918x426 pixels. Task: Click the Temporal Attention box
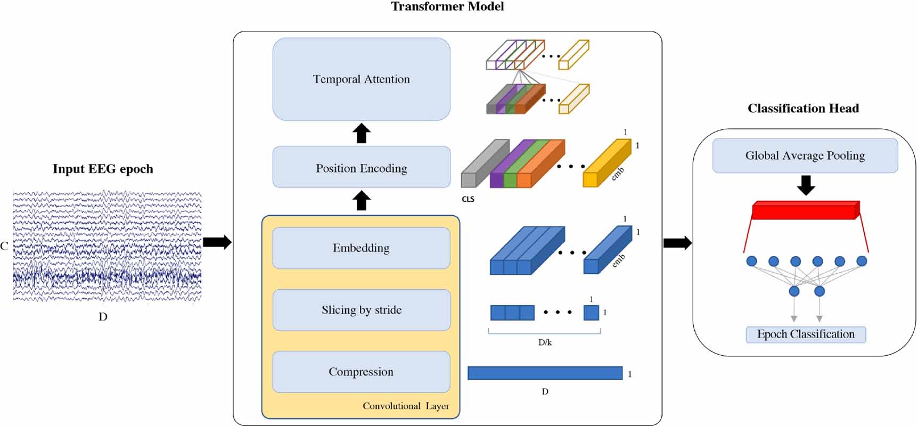(361, 79)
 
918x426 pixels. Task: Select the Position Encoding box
(361, 168)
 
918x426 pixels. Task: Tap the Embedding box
(361, 248)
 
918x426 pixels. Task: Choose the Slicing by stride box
(361, 310)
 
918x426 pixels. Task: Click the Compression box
(361, 372)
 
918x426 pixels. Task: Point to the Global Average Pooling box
(805, 155)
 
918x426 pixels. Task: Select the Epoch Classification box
(805, 334)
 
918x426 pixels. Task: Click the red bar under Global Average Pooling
(804, 211)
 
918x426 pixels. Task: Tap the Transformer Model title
(447, 6)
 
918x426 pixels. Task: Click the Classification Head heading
(803, 109)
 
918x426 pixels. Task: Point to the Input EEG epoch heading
(103, 169)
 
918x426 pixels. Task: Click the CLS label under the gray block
(468, 199)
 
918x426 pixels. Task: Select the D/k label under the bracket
(545, 342)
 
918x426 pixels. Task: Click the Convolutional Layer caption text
(406, 406)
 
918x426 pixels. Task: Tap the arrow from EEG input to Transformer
(217, 242)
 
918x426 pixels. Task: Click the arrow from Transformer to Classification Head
(677, 243)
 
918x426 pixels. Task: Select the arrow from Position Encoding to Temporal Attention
(362, 133)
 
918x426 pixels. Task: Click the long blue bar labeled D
(545, 373)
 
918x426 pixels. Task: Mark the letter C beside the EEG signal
(4, 246)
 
